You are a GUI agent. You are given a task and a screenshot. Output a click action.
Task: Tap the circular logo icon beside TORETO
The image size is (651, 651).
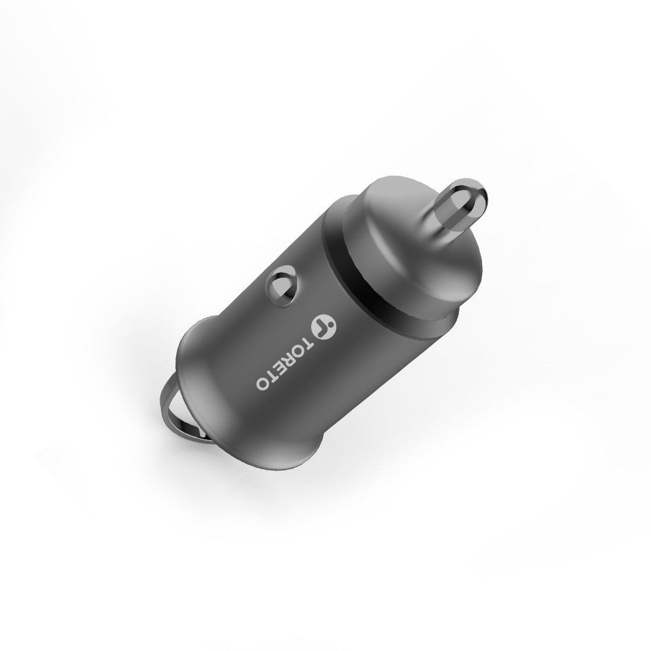coord(324,326)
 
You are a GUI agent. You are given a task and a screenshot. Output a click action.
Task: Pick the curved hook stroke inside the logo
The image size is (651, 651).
coord(321,325)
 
